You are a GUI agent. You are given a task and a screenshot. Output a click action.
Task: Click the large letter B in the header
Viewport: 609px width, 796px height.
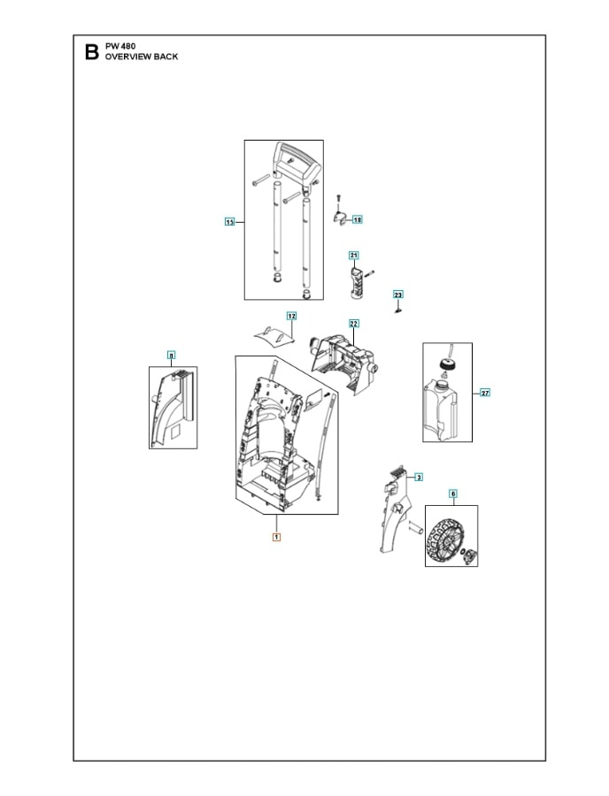(x=90, y=52)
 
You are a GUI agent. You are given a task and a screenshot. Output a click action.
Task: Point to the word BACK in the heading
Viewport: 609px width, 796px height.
(x=165, y=57)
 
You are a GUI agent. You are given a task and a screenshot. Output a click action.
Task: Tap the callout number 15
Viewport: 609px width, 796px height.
(x=228, y=222)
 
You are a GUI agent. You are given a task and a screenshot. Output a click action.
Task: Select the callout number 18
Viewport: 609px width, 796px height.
(x=358, y=218)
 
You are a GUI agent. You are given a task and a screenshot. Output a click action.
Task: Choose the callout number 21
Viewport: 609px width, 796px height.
(x=353, y=255)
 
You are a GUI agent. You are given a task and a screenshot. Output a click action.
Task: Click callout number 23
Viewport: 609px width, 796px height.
(x=397, y=294)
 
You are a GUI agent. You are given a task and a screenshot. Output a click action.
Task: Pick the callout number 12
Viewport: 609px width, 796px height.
(x=290, y=316)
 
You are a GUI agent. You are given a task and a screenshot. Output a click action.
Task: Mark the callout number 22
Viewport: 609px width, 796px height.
(x=353, y=324)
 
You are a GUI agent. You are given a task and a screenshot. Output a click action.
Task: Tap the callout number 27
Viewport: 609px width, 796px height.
(x=484, y=392)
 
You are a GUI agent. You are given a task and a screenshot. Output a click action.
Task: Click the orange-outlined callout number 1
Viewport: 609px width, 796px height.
(x=276, y=536)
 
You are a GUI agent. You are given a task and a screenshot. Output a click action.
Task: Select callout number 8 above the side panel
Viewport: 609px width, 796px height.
(x=172, y=356)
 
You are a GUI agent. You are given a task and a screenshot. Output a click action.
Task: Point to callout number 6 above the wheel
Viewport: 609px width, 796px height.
(x=452, y=494)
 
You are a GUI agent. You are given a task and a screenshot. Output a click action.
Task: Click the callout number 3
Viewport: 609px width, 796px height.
(x=418, y=477)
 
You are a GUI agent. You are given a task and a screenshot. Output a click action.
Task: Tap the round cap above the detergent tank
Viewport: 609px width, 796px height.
(x=447, y=364)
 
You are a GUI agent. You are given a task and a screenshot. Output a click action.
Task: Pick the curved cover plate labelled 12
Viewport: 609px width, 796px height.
(x=274, y=335)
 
